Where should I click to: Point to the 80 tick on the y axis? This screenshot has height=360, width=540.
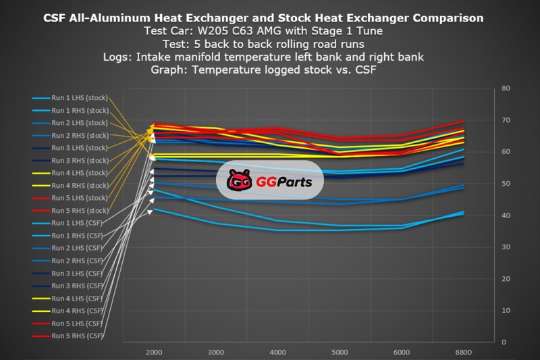[x=506, y=88]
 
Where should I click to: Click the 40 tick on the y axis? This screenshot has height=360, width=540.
[x=506, y=215]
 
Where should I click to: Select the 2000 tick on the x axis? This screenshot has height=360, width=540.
[x=155, y=353]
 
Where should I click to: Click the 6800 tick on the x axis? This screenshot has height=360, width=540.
[x=464, y=353]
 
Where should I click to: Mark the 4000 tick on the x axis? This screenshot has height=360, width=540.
[x=278, y=353]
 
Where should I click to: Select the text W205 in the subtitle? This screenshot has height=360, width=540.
[x=213, y=30]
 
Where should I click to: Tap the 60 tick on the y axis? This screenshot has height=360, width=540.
[x=506, y=152]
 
